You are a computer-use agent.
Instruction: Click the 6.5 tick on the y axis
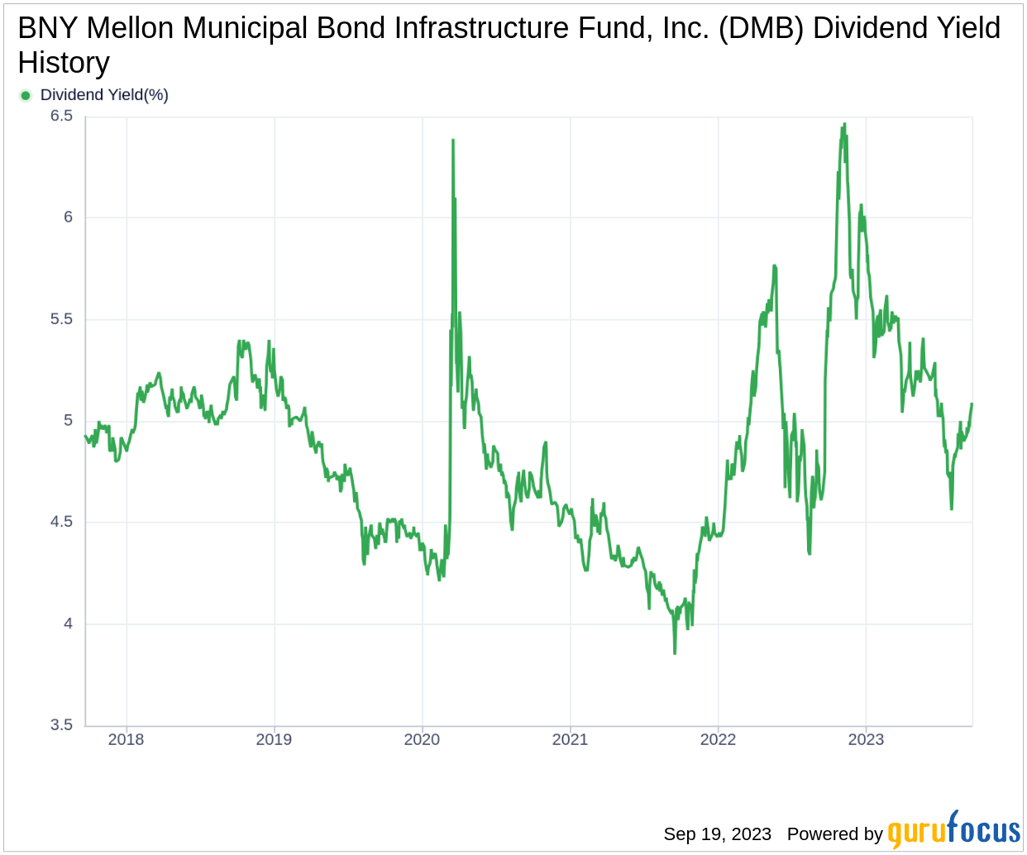tap(62, 116)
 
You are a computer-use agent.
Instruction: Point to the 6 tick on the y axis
tap(68, 217)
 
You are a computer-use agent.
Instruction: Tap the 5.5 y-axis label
tap(62, 319)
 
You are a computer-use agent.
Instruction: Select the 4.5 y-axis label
tap(62, 522)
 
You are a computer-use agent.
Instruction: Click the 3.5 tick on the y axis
tap(62, 725)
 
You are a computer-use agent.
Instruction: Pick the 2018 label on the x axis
tap(126, 739)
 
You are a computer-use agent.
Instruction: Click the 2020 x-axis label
tap(422, 739)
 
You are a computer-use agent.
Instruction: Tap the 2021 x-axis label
tap(570, 739)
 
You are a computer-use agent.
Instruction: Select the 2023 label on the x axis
tap(866, 739)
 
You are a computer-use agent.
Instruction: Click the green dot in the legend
tap(25, 95)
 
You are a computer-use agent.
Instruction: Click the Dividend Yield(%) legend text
tap(104, 95)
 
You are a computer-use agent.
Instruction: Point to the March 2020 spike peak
tap(452, 141)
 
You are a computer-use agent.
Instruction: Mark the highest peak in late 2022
tap(844, 124)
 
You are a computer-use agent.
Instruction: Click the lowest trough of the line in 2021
tap(675, 653)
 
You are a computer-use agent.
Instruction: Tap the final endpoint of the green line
tap(972, 404)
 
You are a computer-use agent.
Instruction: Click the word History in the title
tap(64, 63)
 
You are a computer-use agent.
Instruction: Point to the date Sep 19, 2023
tap(717, 834)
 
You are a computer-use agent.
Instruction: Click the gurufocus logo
tap(953, 830)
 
